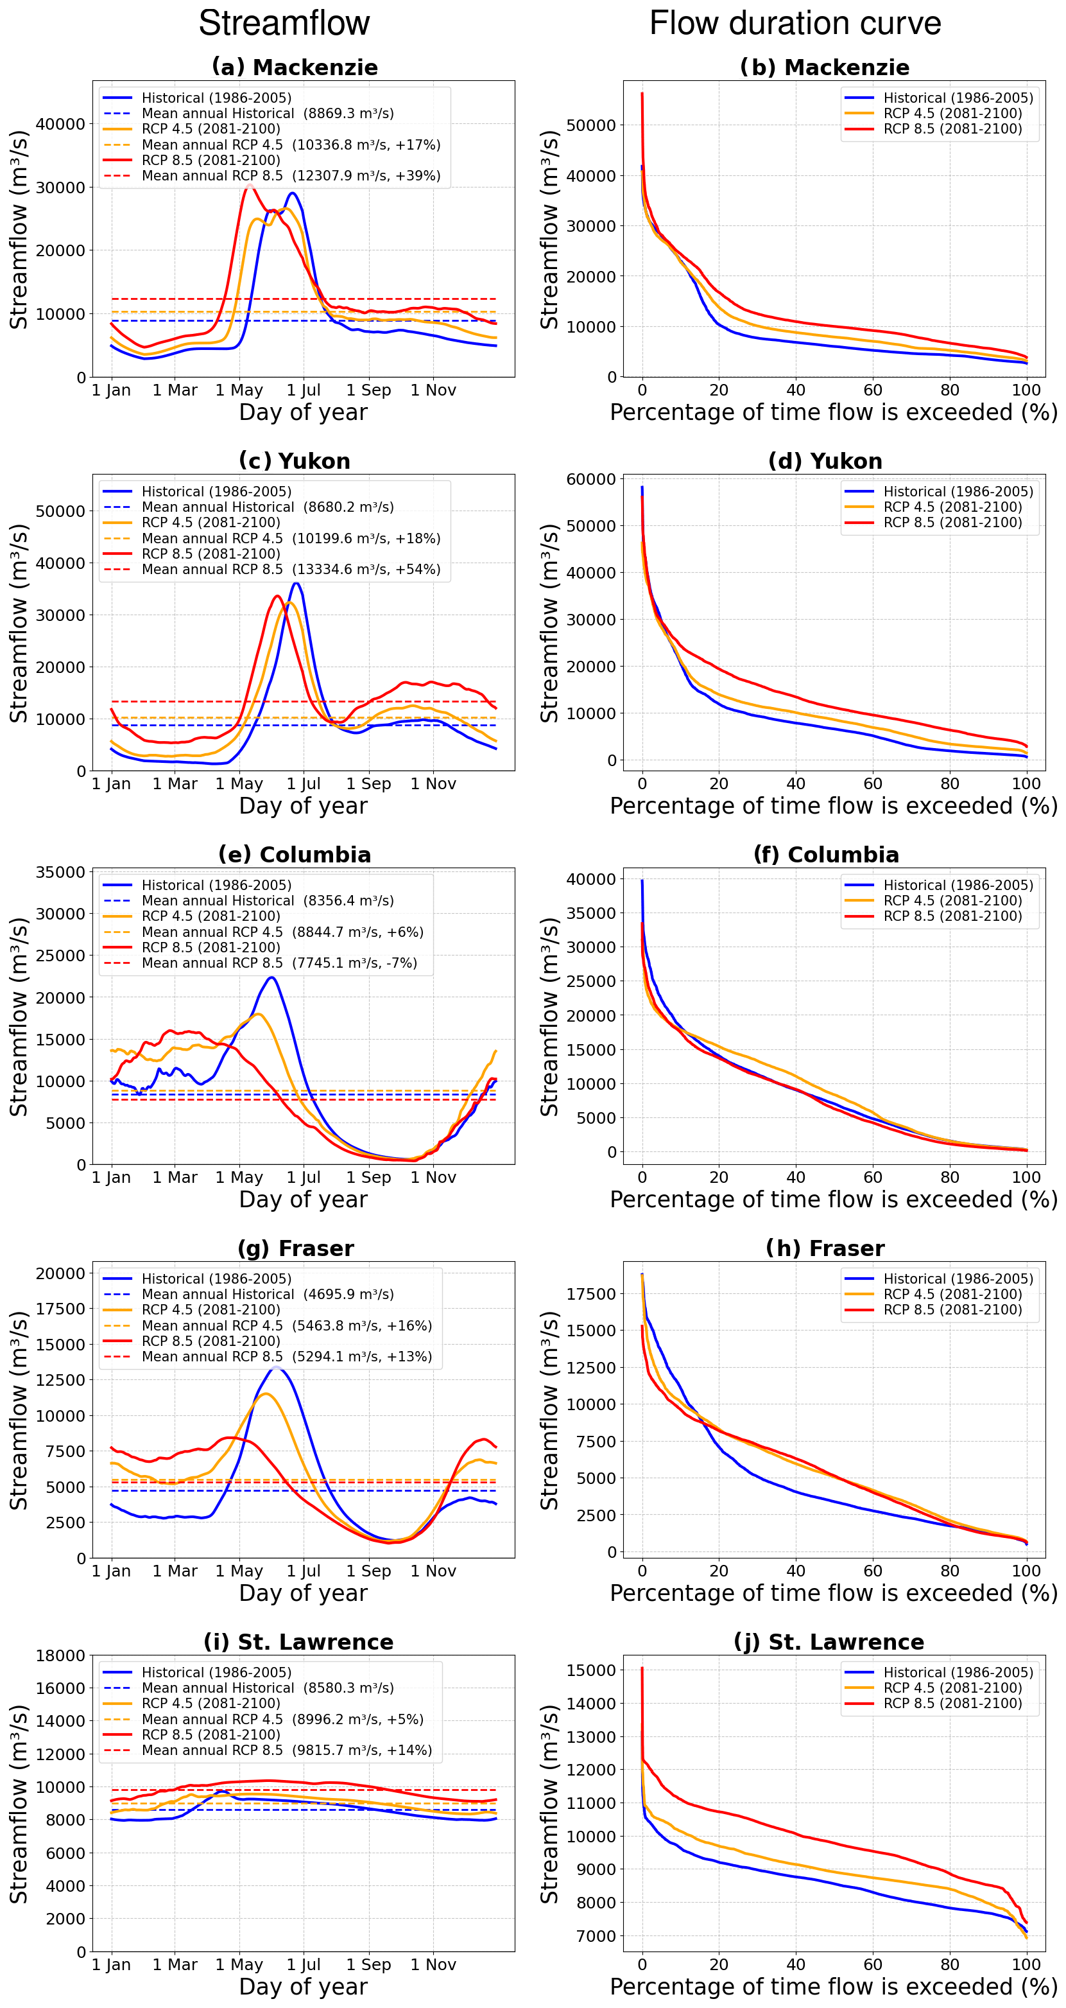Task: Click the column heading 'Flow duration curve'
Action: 795,23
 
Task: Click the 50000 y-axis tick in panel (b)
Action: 590,125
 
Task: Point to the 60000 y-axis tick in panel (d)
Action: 590,480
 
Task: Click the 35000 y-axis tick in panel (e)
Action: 60,872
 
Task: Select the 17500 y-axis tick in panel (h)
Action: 590,1294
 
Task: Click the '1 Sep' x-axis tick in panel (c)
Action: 368,784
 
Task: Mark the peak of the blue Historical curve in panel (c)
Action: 296,583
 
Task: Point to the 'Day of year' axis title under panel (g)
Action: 303,1593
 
